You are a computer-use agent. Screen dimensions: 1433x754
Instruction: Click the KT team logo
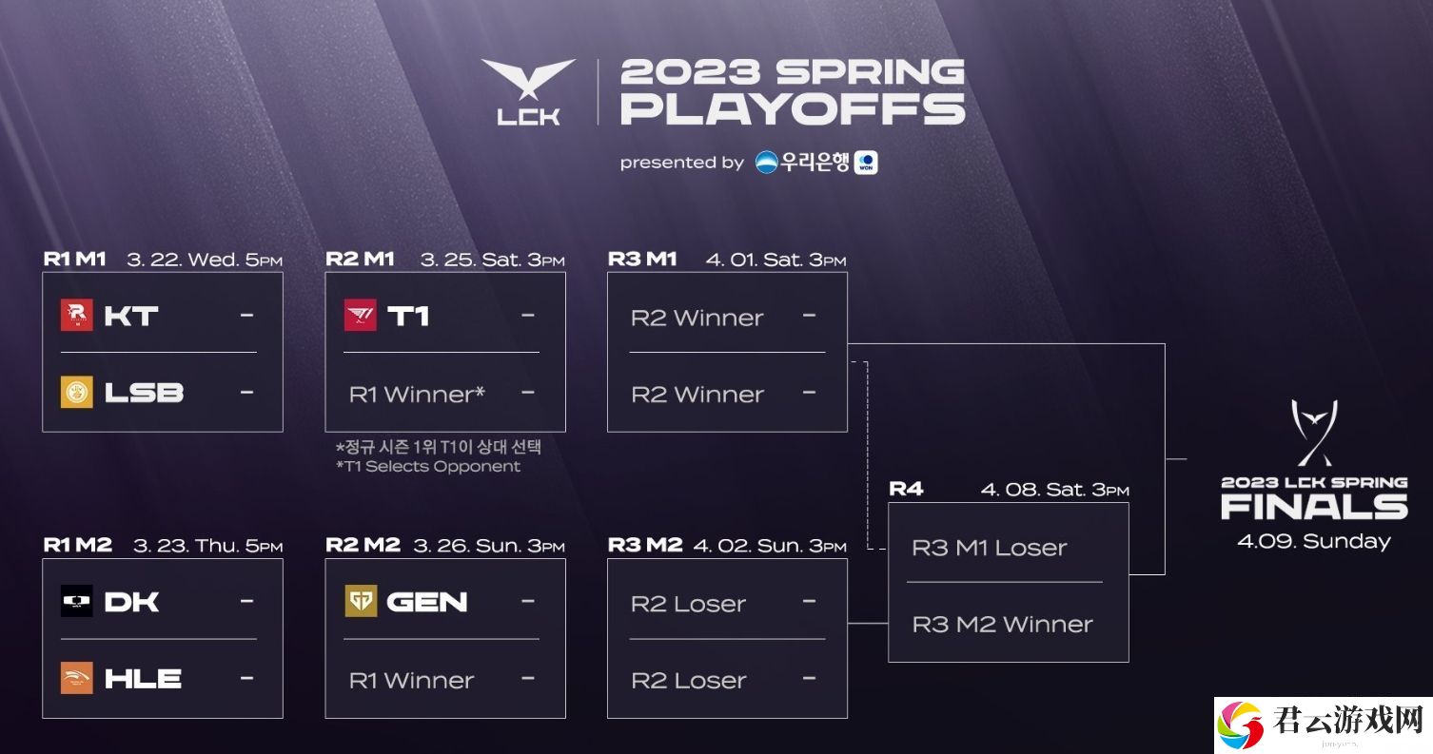pos(77,316)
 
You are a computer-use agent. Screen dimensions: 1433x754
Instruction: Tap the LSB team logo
pos(77,392)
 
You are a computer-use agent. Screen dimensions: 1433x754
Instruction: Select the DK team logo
pos(77,601)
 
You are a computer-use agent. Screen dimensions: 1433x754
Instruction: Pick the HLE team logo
pos(77,678)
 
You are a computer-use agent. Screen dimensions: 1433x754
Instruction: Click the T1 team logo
pos(361,316)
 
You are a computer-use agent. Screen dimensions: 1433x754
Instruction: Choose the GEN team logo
pos(361,601)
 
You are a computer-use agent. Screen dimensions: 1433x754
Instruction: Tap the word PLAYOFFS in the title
pos(793,109)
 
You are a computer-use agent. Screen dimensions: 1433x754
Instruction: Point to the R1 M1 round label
pos(74,259)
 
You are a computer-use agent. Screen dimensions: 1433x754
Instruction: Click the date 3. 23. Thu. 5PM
pos(208,546)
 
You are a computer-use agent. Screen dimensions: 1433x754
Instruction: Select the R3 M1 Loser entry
pos(989,548)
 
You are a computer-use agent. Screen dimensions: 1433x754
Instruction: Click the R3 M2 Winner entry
pos(1002,624)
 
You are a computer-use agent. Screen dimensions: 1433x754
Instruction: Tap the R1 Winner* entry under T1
pos(417,394)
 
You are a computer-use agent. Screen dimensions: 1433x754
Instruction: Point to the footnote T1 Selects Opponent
pos(428,466)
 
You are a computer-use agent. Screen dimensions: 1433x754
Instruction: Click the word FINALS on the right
pos(1314,507)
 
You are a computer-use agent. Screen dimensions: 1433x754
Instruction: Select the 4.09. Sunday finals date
pos(1314,542)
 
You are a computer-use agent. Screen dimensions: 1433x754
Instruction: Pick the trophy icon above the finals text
pos(1314,433)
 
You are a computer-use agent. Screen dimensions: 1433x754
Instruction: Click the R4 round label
pos(906,490)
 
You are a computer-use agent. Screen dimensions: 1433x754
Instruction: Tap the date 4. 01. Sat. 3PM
pos(776,260)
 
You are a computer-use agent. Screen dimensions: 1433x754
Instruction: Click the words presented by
pos(682,164)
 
